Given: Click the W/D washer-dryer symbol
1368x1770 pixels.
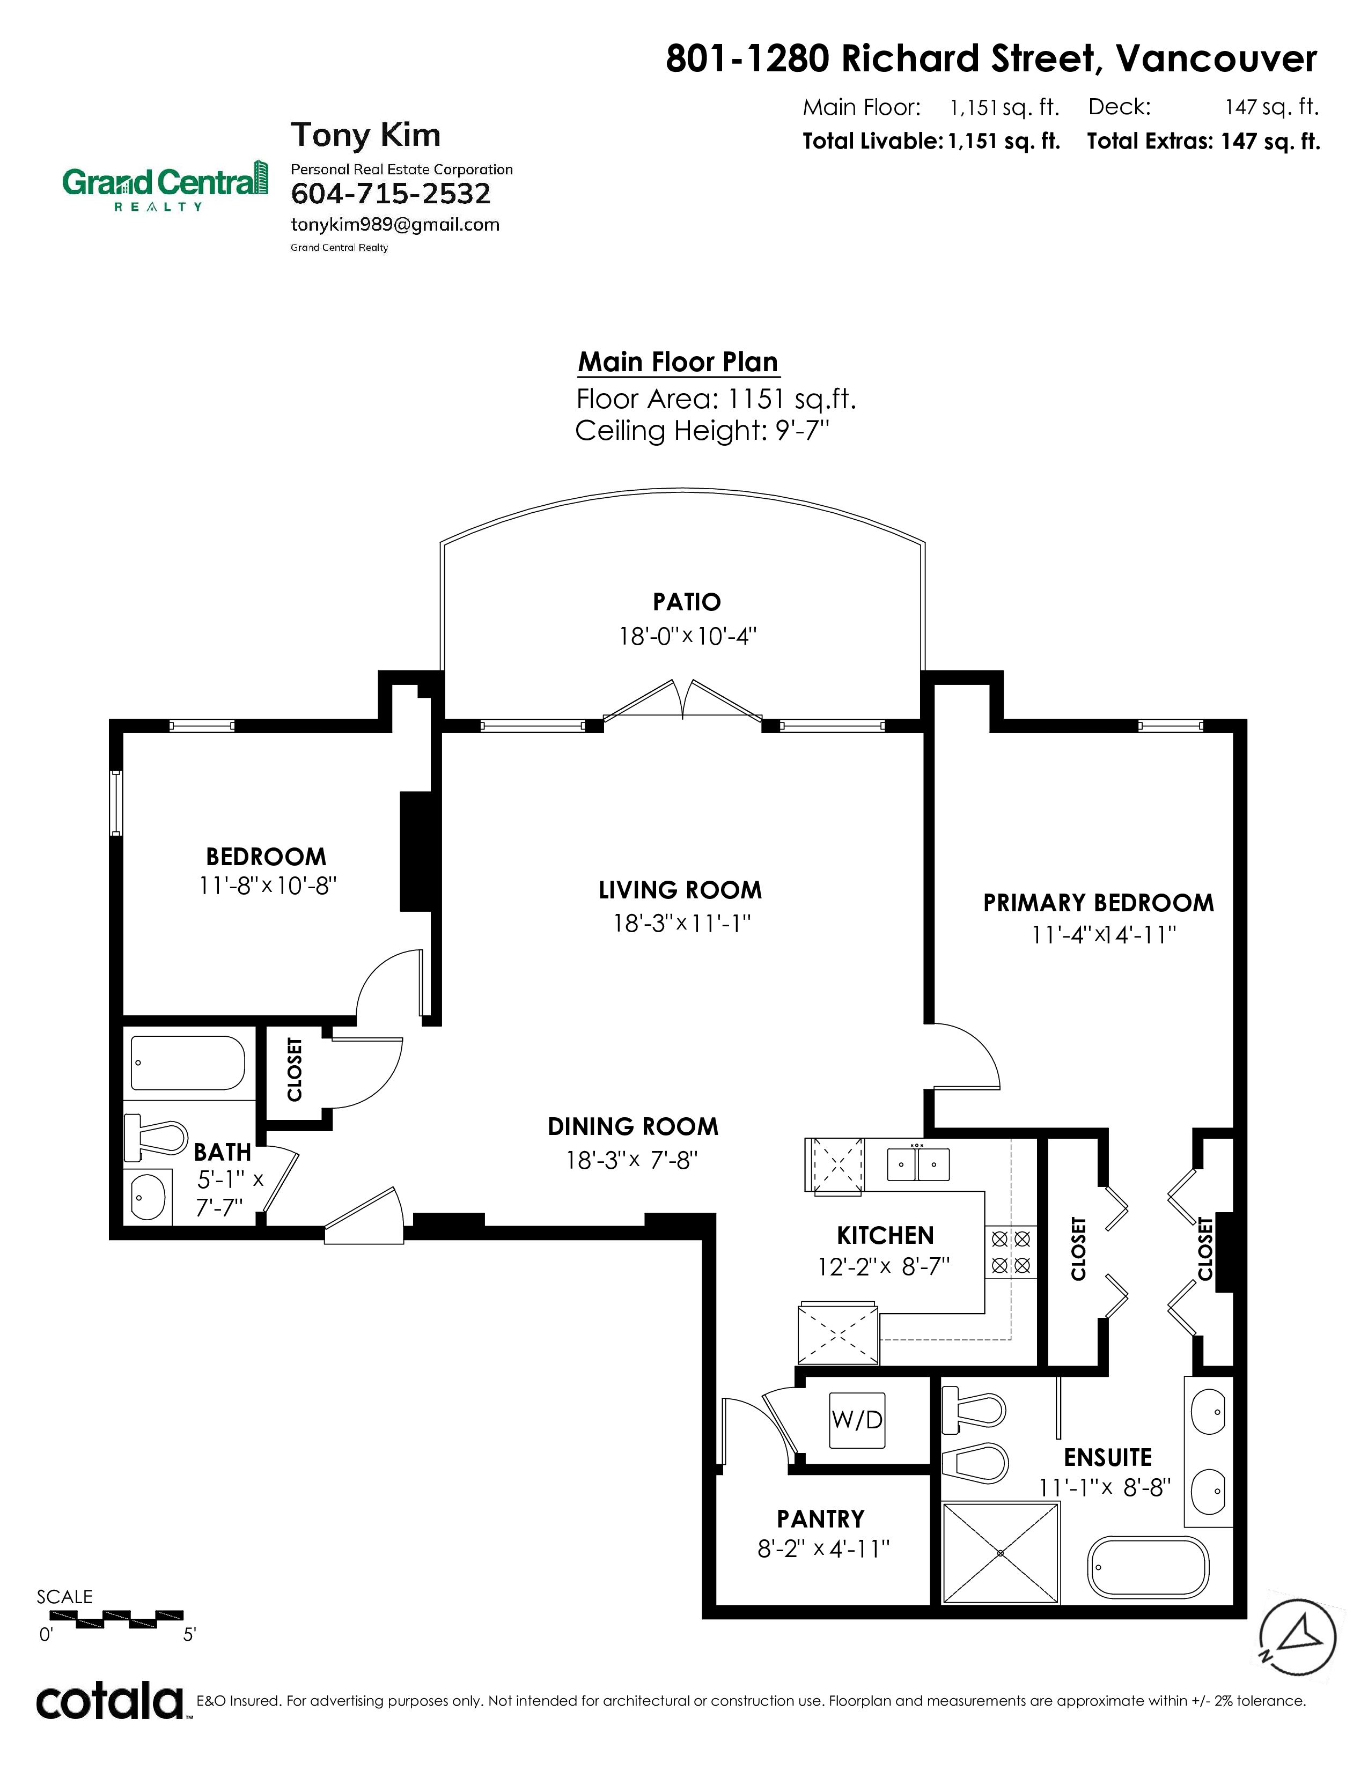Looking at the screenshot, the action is (x=857, y=1419).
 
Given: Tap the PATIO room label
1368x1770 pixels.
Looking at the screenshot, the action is (x=687, y=602).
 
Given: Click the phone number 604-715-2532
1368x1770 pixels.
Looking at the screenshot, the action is (x=391, y=194).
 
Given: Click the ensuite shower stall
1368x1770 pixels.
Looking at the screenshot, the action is (x=1001, y=1552).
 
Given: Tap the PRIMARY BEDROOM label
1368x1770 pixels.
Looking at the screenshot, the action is (x=1098, y=903).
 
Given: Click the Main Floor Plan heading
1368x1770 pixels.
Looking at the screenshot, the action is (x=678, y=362).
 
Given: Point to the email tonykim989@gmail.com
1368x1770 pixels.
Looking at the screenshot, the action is (x=395, y=225).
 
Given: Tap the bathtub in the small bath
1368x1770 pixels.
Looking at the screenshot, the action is (x=187, y=1063).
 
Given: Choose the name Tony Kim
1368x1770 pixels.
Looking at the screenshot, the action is (x=365, y=135).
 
